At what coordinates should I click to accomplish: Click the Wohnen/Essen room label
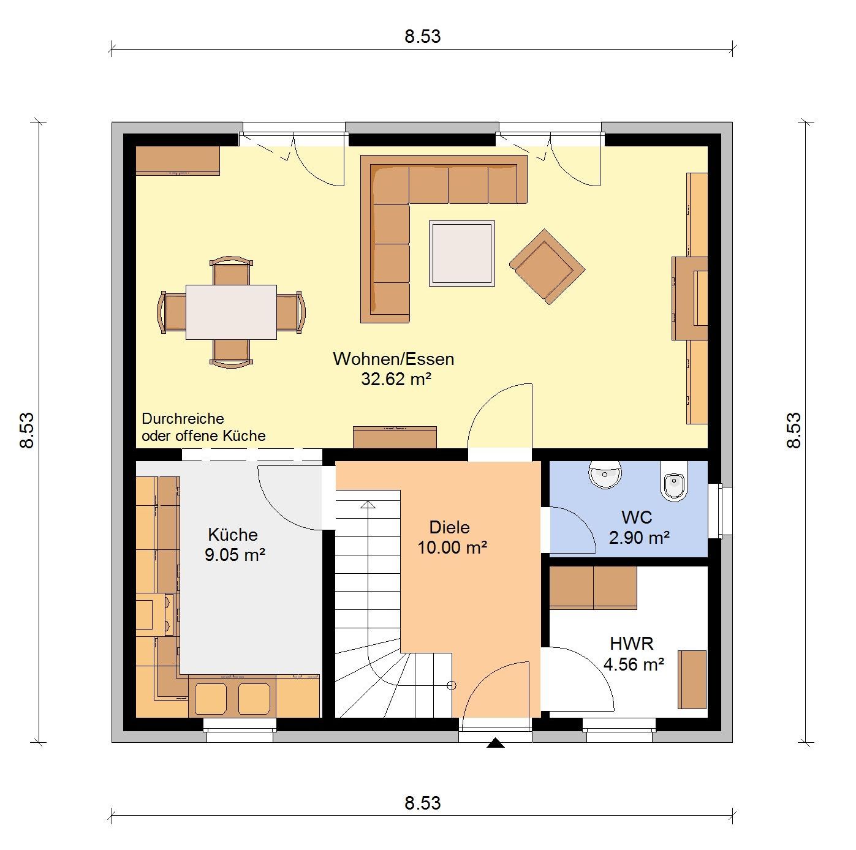coord(393,359)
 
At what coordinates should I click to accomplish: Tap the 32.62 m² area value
coord(396,379)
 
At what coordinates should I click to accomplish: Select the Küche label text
coord(233,534)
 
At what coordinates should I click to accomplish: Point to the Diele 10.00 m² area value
coord(452,547)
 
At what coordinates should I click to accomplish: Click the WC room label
coord(637,517)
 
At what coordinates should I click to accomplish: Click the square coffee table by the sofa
coord(461,254)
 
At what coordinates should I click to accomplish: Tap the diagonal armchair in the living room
coord(547,266)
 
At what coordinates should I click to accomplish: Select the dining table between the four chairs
coord(231,312)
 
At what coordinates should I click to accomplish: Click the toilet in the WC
coord(674,481)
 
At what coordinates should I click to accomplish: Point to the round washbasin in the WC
coord(605,474)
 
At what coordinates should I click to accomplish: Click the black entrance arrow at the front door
coord(495,743)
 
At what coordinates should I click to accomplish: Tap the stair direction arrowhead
coord(368,505)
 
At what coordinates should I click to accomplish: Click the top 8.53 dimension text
coord(422,36)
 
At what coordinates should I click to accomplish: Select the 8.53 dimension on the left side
coord(27,431)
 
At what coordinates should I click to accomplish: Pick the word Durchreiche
coord(183,418)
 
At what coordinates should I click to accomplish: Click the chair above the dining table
coord(231,271)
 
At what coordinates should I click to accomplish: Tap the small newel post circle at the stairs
coord(452,685)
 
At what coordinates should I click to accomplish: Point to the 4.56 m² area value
coord(634,664)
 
